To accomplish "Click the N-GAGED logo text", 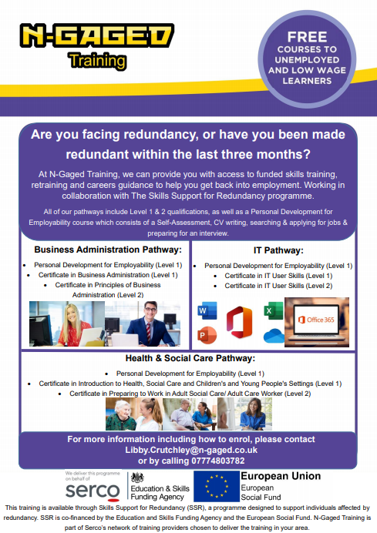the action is pyautogui.click(x=96, y=35).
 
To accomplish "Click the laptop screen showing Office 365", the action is pyautogui.click(x=317, y=320).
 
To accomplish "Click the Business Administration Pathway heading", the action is pyautogui.click(x=107, y=250).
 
